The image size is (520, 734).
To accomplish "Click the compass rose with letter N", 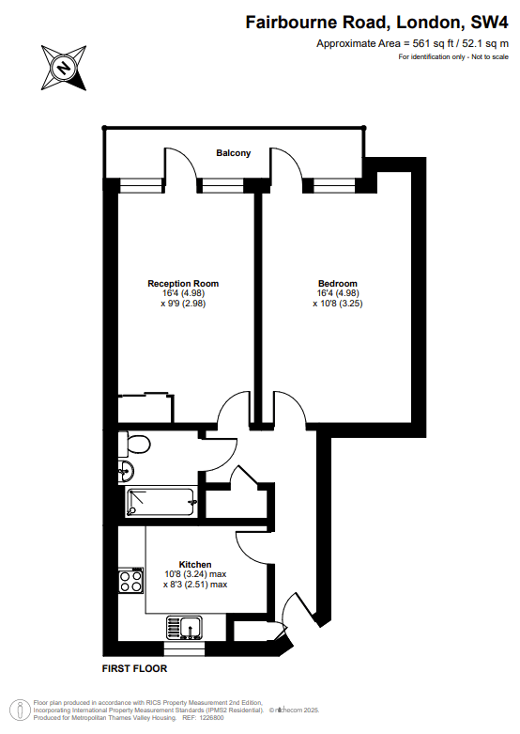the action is pyautogui.click(x=64, y=68).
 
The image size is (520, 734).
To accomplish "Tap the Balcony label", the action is pyautogui.click(x=234, y=153).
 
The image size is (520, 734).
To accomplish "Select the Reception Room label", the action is pyautogui.click(x=183, y=283).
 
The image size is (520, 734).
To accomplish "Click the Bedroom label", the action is pyautogui.click(x=338, y=283).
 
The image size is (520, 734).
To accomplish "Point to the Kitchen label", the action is pyautogui.click(x=195, y=565).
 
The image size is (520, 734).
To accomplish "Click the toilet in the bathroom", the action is pyautogui.click(x=134, y=444).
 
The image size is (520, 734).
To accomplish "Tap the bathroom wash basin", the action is pyautogui.click(x=127, y=471).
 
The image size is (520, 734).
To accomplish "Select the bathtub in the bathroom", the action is pyautogui.click(x=161, y=503).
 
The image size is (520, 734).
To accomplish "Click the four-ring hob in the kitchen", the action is pyautogui.click(x=130, y=581).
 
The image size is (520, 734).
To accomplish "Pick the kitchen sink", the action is pyautogui.click(x=185, y=628).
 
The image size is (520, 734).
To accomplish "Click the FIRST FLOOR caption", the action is pyautogui.click(x=134, y=668).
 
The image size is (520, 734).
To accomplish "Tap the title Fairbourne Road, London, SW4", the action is pyautogui.click(x=377, y=23).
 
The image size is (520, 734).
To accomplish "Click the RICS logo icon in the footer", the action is pyautogui.click(x=21, y=710).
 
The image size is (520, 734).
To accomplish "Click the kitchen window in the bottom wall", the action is pyautogui.click(x=184, y=648).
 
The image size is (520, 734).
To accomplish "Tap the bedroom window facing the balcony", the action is pyautogui.click(x=334, y=186).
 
